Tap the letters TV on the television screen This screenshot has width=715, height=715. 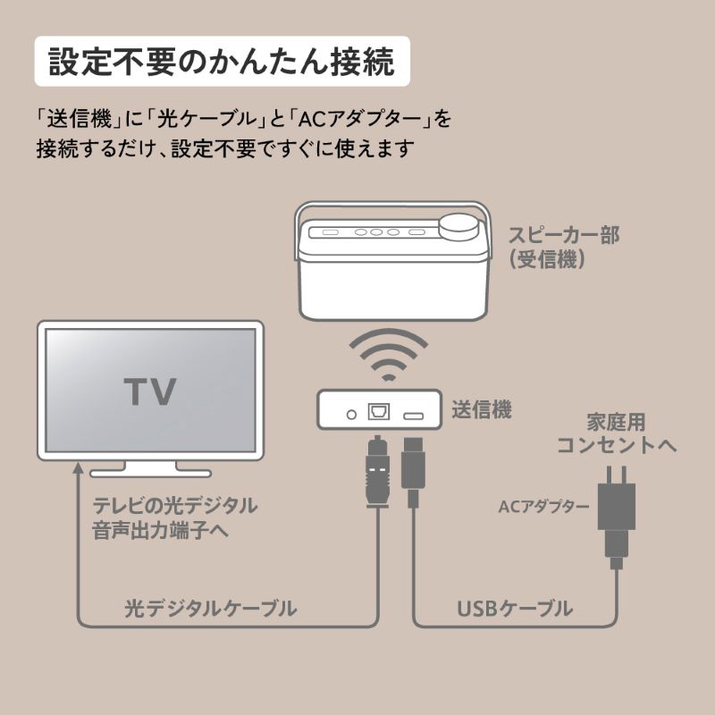(149, 391)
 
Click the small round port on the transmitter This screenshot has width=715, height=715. (351, 414)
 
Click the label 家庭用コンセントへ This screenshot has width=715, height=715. (617, 433)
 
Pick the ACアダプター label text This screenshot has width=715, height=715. (543, 507)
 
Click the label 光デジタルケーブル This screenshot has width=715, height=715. (211, 610)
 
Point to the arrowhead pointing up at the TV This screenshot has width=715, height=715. (79, 471)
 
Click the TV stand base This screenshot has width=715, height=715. (150, 470)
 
